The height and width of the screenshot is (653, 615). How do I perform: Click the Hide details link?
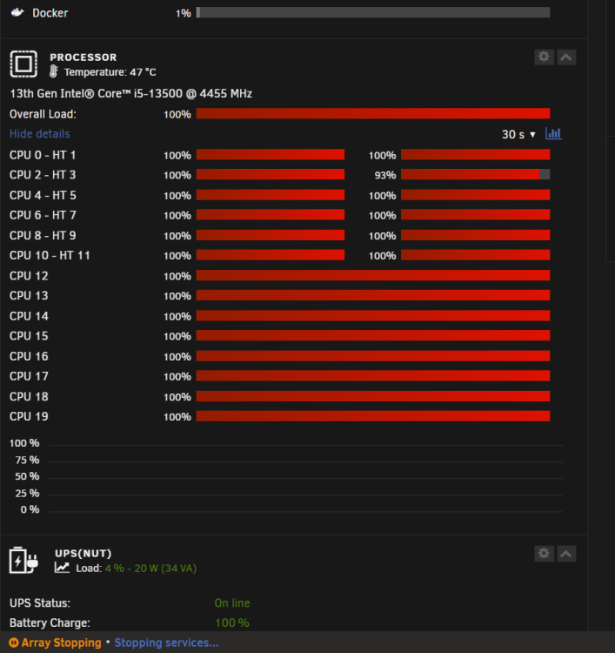click(39, 134)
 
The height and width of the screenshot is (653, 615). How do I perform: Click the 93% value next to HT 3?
click(384, 175)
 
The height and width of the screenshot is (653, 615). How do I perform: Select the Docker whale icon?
click(17, 12)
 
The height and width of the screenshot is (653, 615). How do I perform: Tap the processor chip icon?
click(23, 64)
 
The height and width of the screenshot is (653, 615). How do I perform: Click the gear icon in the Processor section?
click(544, 57)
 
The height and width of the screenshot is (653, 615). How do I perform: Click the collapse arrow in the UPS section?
click(566, 554)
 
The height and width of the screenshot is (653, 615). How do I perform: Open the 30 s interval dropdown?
click(518, 134)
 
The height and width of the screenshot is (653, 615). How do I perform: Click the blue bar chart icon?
click(553, 134)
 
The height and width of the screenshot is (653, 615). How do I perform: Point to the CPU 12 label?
click(29, 276)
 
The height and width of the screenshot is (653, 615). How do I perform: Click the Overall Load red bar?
click(373, 113)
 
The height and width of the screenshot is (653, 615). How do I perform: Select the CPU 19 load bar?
click(373, 416)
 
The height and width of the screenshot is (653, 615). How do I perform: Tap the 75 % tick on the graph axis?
click(27, 460)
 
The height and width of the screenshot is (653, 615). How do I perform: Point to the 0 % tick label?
click(30, 509)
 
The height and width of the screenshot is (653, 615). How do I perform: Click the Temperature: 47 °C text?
click(110, 72)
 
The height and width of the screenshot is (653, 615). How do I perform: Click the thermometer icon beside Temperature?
click(54, 71)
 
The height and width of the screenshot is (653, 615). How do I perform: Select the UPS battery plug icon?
click(23, 560)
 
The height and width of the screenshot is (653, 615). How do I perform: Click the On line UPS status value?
click(232, 603)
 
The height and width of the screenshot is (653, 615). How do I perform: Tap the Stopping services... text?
click(166, 643)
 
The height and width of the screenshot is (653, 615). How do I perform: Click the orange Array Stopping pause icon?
click(14, 643)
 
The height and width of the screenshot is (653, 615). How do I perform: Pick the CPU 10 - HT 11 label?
click(50, 255)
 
